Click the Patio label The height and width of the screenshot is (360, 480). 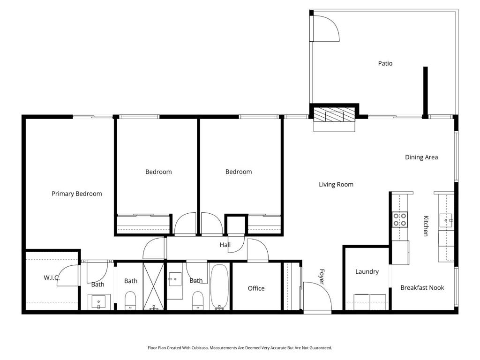pyautogui.click(x=385, y=63)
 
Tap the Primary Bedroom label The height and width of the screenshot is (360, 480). pyautogui.click(x=76, y=194)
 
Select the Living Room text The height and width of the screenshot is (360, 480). pyautogui.click(x=336, y=185)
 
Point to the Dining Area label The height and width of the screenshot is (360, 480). pyautogui.click(x=421, y=157)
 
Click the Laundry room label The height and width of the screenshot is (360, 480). pyautogui.click(x=367, y=272)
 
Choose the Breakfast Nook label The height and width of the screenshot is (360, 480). pyautogui.click(x=422, y=288)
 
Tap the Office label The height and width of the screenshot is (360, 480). pyautogui.click(x=256, y=288)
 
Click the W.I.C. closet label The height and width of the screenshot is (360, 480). pyautogui.click(x=52, y=278)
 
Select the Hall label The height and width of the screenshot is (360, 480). pyautogui.click(x=225, y=245)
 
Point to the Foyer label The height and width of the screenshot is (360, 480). pyautogui.click(x=322, y=277)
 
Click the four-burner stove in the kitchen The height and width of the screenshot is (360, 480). pyautogui.click(x=400, y=219)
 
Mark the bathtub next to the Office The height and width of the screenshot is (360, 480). pyautogui.click(x=219, y=287)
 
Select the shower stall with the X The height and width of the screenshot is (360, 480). pyautogui.click(x=154, y=286)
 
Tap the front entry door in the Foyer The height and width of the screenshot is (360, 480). pyautogui.click(x=317, y=296)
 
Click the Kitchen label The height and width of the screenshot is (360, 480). pyautogui.click(x=426, y=226)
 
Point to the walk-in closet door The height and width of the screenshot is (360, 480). pyautogui.click(x=68, y=276)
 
